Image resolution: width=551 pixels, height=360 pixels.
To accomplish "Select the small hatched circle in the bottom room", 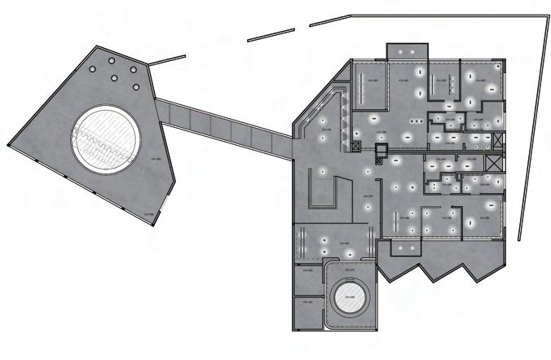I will coord(350,299).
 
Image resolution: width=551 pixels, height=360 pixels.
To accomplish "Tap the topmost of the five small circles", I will coord(111,59).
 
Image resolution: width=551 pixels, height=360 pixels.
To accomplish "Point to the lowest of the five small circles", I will coord(115,88).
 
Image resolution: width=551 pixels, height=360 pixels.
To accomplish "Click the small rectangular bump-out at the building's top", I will coord(403,51).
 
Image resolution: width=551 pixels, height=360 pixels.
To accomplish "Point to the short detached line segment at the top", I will coord(271,33).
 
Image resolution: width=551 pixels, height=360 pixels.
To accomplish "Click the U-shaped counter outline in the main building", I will coord(324,195).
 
